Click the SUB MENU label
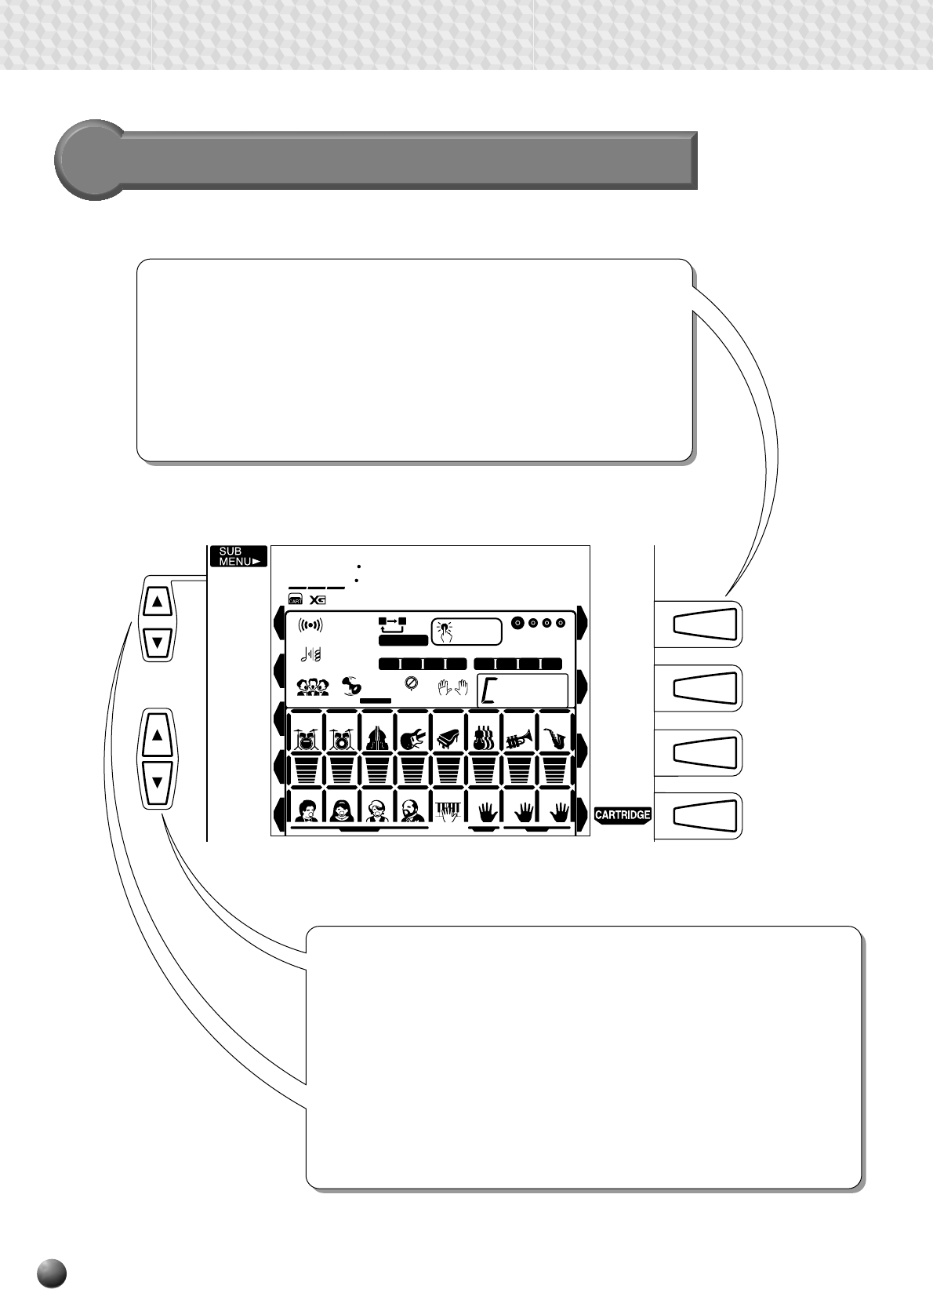pos(238,556)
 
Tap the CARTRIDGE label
pos(623,815)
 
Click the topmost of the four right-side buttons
pos(706,624)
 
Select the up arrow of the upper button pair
pos(158,603)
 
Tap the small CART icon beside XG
pos(296,600)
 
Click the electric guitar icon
pos(413,738)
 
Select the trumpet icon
pos(519,738)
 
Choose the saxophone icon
pos(555,738)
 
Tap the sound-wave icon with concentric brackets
pos(310,625)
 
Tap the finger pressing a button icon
pos(445,629)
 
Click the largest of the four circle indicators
pos(517,623)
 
